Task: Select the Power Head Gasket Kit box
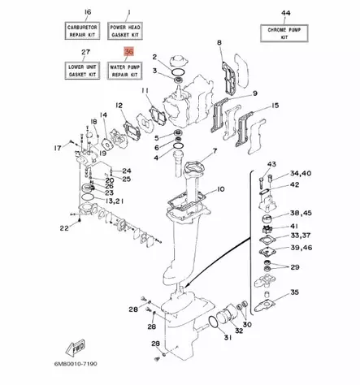(124, 30)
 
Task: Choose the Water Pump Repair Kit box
(124, 71)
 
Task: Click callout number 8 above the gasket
(219, 41)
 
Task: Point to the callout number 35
(296, 292)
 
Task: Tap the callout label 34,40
(300, 173)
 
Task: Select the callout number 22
(64, 230)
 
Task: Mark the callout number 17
(58, 147)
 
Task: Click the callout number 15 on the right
(275, 106)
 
